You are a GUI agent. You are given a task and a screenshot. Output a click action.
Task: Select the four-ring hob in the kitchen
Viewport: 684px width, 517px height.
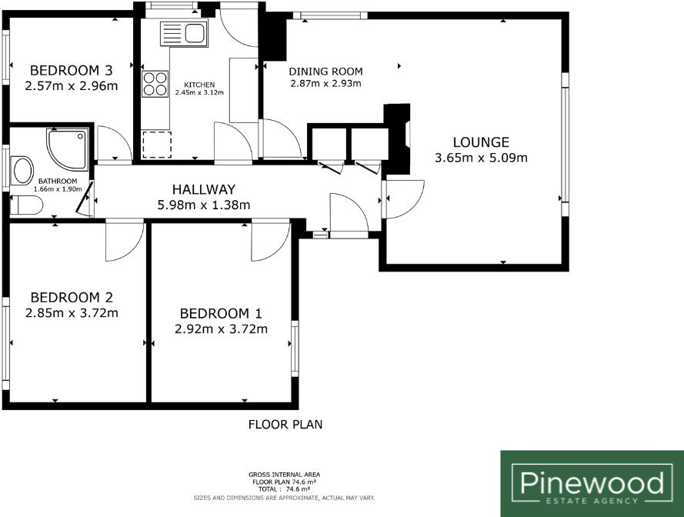(155, 82)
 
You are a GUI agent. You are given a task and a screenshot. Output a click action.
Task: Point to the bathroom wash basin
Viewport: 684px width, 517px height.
(23, 170)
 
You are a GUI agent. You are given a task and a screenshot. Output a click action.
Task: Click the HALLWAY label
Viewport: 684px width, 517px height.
(203, 189)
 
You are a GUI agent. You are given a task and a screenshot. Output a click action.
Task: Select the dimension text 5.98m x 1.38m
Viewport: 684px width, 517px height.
(203, 205)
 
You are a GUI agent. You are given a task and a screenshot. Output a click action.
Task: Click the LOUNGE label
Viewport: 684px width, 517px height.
(480, 142)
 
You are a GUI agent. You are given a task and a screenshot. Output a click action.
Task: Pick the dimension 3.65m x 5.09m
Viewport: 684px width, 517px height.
(480, 158)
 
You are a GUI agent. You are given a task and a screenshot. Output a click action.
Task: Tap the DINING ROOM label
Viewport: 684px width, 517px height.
(325, 72)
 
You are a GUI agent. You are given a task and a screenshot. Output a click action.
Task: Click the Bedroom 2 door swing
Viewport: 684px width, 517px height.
(123, 240)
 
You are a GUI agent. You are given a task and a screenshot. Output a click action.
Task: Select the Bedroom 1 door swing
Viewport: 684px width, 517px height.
(269, 240)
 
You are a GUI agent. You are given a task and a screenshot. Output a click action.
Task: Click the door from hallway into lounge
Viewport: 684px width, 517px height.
(405, 198)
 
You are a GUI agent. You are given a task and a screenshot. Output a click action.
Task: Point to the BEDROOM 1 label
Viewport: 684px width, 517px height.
(221, 313)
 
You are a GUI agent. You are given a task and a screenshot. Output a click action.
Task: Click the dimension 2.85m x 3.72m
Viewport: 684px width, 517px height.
(72, 312)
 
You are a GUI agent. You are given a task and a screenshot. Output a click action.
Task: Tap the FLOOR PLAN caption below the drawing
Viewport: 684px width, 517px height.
(285, 424)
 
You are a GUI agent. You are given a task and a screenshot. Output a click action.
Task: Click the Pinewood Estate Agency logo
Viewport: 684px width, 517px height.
(592, 484)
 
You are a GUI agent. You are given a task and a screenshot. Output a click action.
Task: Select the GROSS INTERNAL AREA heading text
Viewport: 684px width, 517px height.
(285, 474)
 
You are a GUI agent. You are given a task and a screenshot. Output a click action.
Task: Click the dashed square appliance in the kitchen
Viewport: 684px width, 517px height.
(156, 145)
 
